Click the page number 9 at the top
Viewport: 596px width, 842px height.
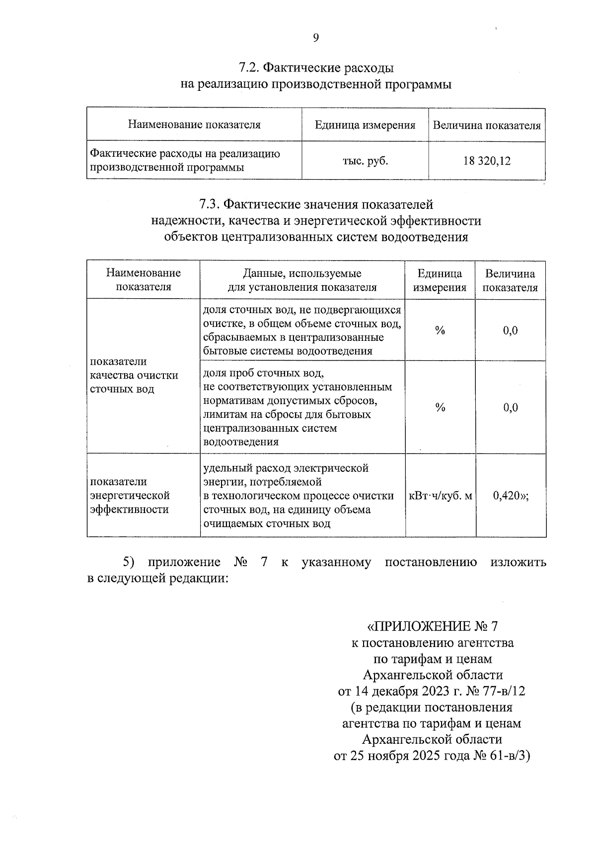click(316, 38)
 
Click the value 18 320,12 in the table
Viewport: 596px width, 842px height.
click(487, 161)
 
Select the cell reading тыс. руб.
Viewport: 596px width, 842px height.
click(365, 161)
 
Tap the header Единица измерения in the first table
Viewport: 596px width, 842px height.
click(365, 125)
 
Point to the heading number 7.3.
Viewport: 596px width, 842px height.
click(209, 204)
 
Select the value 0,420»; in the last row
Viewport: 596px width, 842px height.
click(511, 495)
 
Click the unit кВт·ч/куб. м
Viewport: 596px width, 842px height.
click(440, 495)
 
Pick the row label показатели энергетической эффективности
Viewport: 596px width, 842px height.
click(130, 495)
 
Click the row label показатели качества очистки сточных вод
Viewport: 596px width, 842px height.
click(134, 375)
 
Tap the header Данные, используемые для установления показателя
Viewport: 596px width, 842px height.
click(302, 280)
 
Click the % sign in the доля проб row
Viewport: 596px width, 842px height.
click(440, 408)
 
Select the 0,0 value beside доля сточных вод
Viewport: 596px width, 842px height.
click(511, 330)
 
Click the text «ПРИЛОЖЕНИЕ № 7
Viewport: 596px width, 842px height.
click(432, 625)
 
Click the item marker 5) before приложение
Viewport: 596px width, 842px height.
click(129, 562)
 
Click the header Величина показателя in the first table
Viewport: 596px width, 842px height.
click(487, 125)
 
